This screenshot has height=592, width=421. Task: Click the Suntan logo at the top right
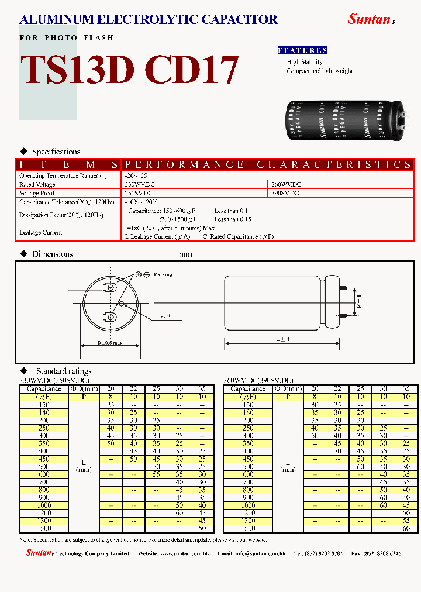[370, 19]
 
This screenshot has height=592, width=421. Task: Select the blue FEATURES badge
[302, 50]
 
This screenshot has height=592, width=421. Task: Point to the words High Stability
[305, 61]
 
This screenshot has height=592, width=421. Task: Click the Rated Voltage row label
[37, 184]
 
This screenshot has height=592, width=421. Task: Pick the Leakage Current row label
[40, 232]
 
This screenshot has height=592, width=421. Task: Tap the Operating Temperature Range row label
[63, 175]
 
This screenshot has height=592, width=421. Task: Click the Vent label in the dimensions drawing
[165, 316]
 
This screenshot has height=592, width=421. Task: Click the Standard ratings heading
[63, 371]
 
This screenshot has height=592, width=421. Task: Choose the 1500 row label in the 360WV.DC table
[249, 528]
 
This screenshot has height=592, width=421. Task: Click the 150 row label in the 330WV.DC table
[44, 404]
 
